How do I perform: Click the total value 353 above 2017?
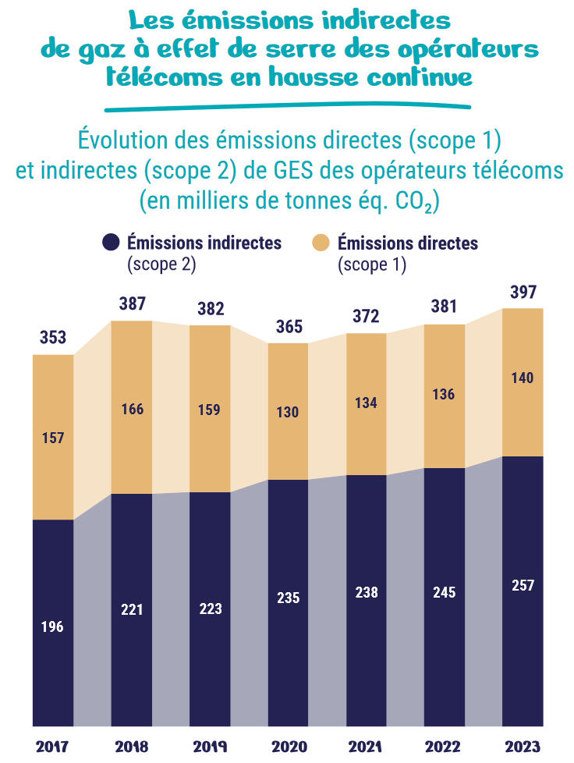coord(53,339)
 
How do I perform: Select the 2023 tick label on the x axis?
coord(522,747)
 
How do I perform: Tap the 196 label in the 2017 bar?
coord(53,626)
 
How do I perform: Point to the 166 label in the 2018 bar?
coord(132,410)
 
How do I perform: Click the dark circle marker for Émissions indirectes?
coord(111,243)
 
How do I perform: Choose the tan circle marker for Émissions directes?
coord(321,243)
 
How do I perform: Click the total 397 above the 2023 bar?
coord(523,293)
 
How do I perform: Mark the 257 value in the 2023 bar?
coord(523,586)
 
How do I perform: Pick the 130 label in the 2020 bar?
coord(288,413)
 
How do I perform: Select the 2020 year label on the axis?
coord(288,747)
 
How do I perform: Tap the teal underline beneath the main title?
coord(287,105)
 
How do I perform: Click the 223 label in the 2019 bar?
coord(210,609)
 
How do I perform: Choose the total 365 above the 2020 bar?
coord(289,327)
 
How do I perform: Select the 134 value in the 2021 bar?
coord(366,403)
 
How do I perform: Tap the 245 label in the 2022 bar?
coord(445,592)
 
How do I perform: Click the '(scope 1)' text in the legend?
coord(373,264)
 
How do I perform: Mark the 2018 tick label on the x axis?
coord(131,747)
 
